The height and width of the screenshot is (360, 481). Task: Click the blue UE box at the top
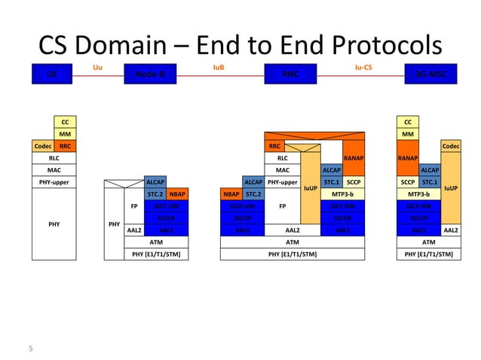[x=51, y=75]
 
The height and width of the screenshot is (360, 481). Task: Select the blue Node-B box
[x=150, y=75]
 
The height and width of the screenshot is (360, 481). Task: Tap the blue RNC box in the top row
[x=290, y=75]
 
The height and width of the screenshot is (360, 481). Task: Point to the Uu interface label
[x=97, y=67]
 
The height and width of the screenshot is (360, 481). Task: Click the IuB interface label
[x=219, y=67]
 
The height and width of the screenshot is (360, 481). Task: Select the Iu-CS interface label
[x=363, y=67]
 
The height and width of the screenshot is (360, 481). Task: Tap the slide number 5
[x=31, y=348]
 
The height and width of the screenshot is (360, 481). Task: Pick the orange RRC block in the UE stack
[x=66, y=146]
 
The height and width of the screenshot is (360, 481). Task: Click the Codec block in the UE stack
[x=42, y=146]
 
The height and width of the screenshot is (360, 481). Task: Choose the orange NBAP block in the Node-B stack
[x=177, y=194]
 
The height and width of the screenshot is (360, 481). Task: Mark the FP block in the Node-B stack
[x=133, y=206]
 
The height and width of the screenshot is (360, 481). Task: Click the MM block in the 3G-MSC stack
[x=408, y=134]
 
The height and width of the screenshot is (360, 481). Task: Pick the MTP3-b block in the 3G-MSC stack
[x=418, y=194]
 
